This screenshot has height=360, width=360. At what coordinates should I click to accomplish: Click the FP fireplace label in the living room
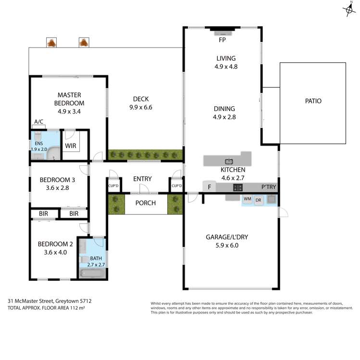[x=222, y=40]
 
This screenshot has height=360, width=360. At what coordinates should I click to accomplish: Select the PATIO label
[x=313, y=101]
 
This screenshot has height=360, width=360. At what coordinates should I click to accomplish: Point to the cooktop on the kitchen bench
[x=237, y=187]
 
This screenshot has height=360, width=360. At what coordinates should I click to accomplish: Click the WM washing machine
[x=248, y=199]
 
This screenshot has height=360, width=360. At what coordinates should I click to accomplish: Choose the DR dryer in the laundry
[x=259, y=199]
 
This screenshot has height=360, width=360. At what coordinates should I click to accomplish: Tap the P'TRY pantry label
[x=269, y=187]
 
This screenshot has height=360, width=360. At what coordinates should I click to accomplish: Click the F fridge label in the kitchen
[x=210, y=187]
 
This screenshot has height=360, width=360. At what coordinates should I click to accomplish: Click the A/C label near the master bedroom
[x=38, y=123]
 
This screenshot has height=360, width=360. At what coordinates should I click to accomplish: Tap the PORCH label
[x=145, y=203]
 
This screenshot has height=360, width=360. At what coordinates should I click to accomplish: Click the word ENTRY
[x=142, y=179]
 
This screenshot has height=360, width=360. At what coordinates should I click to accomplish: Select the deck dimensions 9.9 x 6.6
[x=140, y=108]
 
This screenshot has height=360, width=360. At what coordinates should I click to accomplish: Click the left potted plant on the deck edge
[x=50, y=43]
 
